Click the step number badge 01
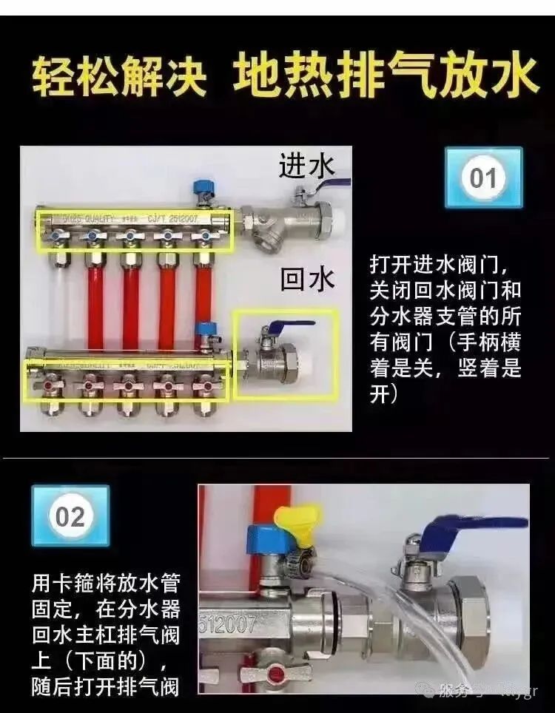483,178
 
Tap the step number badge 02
70,516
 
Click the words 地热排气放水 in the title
385,78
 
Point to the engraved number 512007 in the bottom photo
227,625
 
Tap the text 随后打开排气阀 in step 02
105,686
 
